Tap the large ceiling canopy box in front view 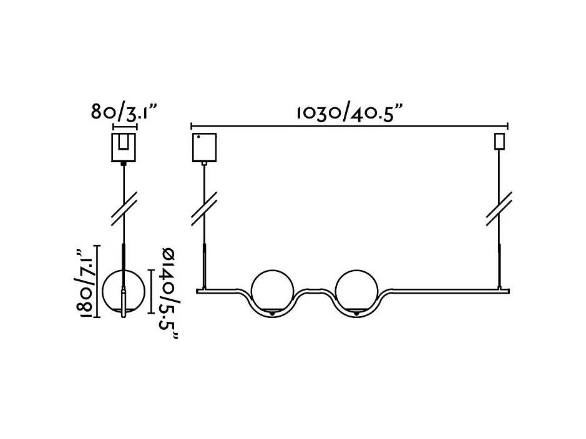point(205,147)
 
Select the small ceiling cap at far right point(499,142)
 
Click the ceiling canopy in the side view point(124,147)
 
